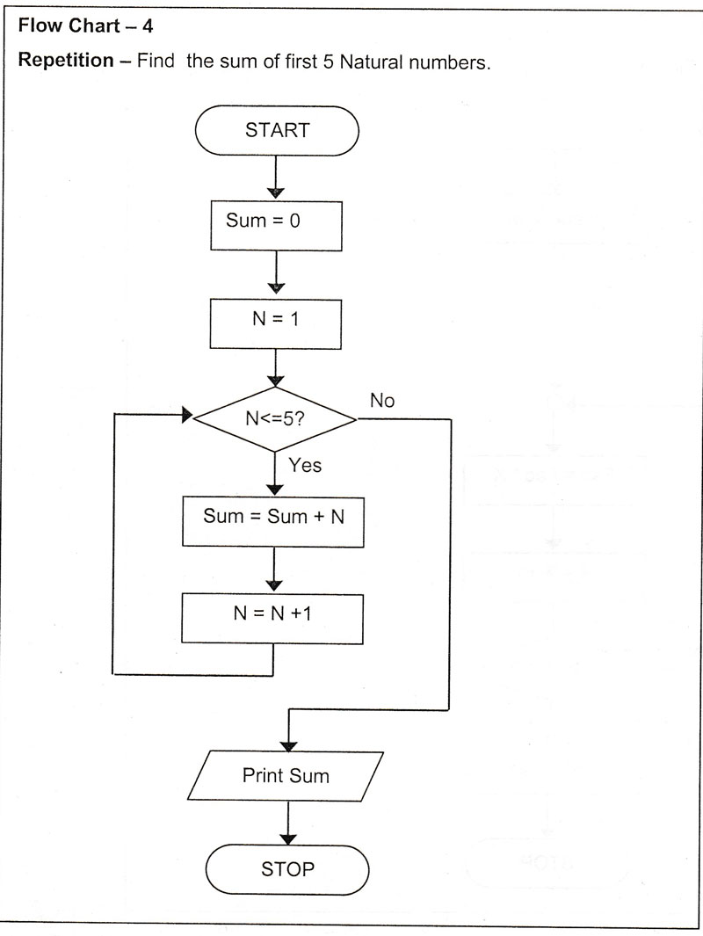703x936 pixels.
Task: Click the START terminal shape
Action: (277, 131)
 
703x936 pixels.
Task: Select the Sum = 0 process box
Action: (276, 221)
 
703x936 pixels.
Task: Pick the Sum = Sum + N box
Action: (274, 517)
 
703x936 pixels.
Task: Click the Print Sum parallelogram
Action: (286, 775)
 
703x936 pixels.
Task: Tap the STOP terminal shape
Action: (287, 869)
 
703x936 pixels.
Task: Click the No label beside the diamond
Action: (382, 401)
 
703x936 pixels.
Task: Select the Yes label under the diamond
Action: (305, 465)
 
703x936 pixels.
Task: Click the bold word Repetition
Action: (69, 63)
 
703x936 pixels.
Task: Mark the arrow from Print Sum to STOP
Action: (287, 823)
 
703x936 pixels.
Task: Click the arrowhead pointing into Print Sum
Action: (288, 744)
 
